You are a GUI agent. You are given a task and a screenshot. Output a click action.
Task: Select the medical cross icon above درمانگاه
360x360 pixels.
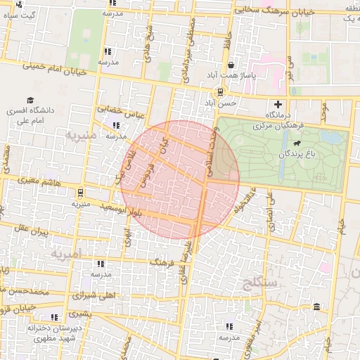pos(278,105)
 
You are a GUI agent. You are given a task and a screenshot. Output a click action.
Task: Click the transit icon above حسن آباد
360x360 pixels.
pos(220,91)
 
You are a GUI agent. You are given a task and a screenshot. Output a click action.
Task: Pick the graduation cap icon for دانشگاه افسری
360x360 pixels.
pos(30,101)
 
